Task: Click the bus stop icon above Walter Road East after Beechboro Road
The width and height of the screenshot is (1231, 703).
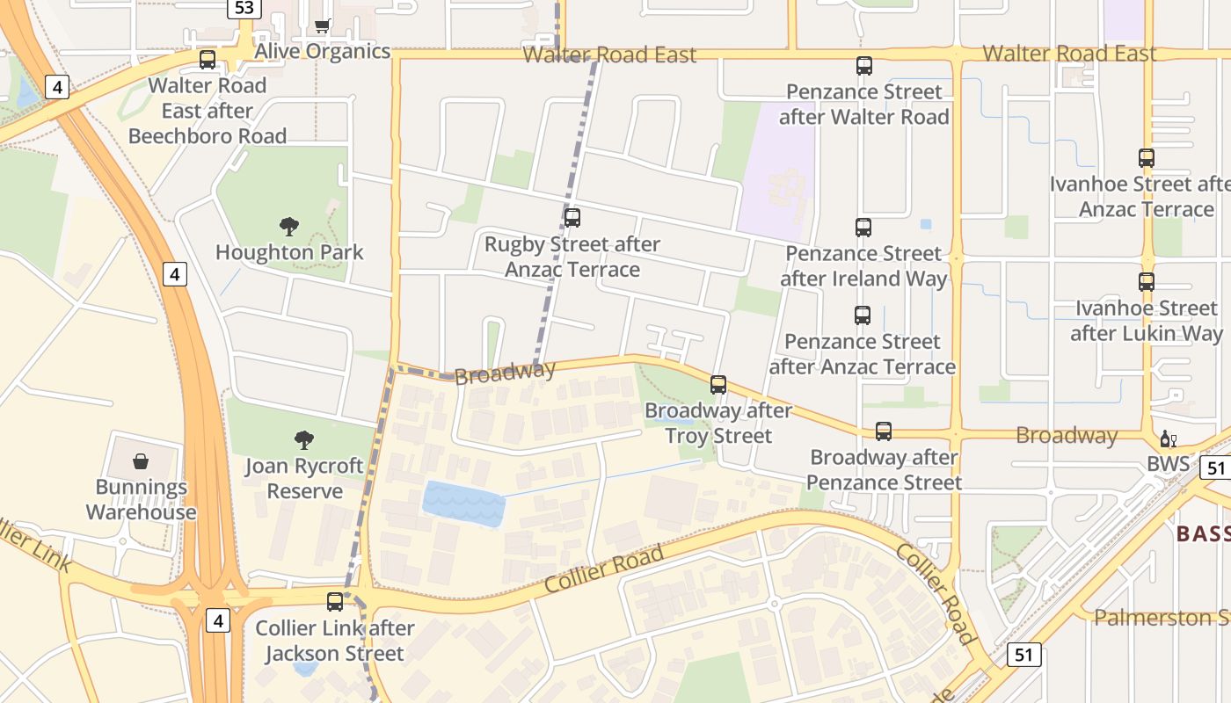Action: click(208, 60)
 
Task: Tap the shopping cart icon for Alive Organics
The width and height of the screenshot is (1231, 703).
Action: click(322, 25)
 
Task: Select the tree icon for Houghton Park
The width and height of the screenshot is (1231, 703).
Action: click(289, 227)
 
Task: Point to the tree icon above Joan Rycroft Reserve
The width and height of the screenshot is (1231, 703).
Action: click(304, 439)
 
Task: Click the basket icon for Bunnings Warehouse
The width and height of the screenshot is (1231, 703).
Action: click(141, 461)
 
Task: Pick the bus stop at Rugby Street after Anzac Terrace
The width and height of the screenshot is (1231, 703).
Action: click(572, 218)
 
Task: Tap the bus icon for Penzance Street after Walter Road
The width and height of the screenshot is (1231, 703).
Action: click(864, 66)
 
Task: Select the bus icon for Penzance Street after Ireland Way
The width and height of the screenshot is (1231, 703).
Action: click(863, 228)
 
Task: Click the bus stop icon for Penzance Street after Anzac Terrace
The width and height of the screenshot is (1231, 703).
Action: click(863, 315)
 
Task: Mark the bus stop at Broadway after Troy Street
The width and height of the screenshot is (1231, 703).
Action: click(718, 385)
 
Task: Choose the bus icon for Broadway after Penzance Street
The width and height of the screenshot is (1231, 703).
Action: click(884, 431)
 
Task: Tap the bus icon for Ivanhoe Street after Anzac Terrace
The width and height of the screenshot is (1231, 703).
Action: click(1147, 158)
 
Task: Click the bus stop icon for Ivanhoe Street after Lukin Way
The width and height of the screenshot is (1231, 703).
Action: click(1147, 282)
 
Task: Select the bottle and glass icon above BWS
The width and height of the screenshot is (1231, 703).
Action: click(1169, 438)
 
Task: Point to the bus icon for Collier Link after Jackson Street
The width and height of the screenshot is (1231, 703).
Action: click(335, 602)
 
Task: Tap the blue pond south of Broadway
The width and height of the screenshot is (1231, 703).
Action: click(464, 504)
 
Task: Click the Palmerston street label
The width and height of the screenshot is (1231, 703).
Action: click(1161, 618)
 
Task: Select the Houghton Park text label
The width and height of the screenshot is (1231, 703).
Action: click(289, 253)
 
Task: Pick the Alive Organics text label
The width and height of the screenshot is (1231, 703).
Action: click(322, 51)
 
